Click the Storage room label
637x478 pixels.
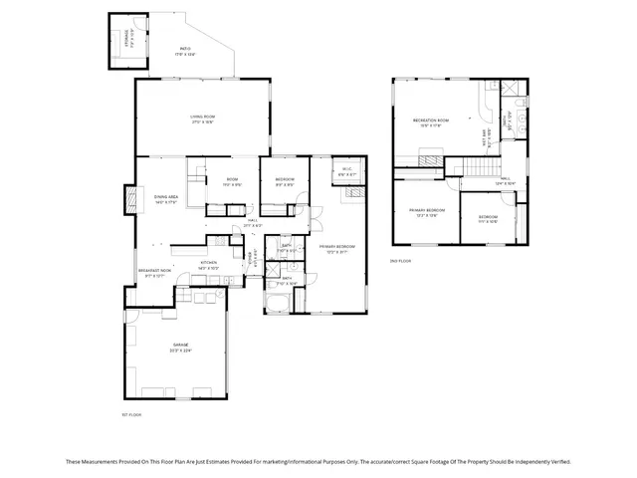click(x=129, y=39)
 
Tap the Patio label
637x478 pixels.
click(x=185, y=51)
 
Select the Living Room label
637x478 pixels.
click(x=203, y=119)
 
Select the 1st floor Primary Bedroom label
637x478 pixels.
click(x=337, y=248)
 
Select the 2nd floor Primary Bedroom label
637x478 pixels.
click(x=426, y=213)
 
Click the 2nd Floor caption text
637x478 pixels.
click(x=400, y=261)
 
